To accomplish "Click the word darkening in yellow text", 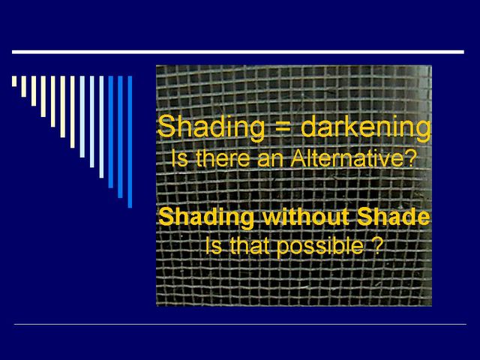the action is coord(366,128).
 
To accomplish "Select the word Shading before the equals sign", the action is coord(211,128).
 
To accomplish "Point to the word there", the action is coord(223,158).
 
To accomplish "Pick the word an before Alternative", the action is coord(271,160).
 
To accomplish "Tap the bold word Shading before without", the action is coord(207,217).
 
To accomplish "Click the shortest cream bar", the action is coord(14,81).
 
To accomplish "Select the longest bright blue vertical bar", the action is coord(130,142).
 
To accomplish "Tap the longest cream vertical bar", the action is coord(72,112).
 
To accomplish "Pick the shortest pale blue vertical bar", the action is coord(82,117).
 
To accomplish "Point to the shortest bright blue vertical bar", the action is coord(111,132).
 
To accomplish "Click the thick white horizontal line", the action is coord(238,52).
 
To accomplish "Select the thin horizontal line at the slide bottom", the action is coord(240,324).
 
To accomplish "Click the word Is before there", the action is coord(179,158).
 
